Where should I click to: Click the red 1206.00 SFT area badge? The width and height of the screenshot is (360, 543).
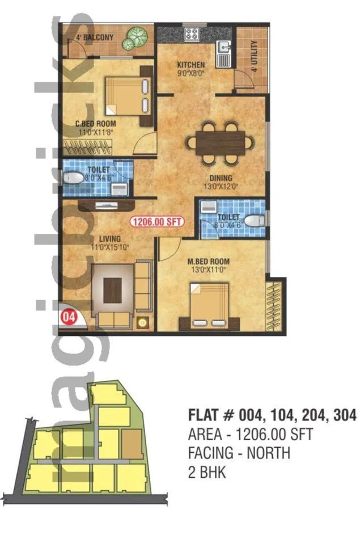click(157, 222)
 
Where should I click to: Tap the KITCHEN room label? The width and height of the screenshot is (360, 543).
click(190, 65)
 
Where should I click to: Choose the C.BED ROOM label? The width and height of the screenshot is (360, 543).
click(96, 124)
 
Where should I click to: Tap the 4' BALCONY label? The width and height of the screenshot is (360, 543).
click(95, 37)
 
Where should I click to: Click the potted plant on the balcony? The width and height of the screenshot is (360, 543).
click(137, 38)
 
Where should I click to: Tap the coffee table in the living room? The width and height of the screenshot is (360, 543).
click(113, 291)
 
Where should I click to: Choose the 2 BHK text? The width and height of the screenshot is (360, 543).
click(206, 472)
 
